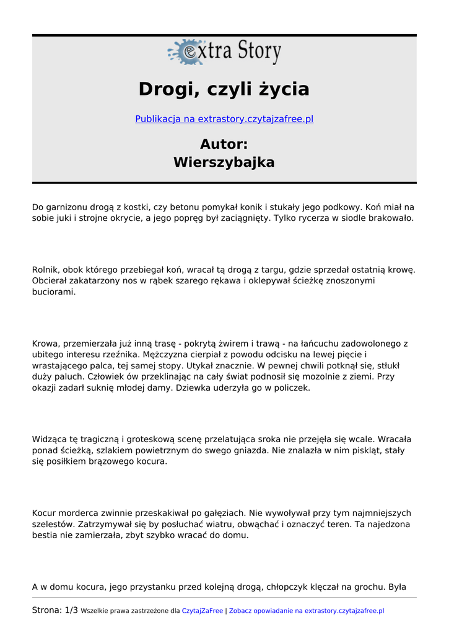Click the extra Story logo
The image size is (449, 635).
[x=224, y=52]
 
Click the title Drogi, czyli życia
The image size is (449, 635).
[x=224, y=89]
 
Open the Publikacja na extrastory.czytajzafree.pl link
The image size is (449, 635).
[x=224, y=119]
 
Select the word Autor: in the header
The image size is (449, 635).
[x=224, y=144]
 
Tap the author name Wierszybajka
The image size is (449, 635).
[x=224, y=163]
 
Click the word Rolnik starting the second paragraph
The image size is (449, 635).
[x=45, y=270]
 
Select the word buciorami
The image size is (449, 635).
[x=54, y=292]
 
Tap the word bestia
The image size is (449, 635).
[x=46, y=536]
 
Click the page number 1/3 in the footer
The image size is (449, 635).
[x=71, y=611]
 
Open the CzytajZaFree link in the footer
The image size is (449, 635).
[x=202, y=611]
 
